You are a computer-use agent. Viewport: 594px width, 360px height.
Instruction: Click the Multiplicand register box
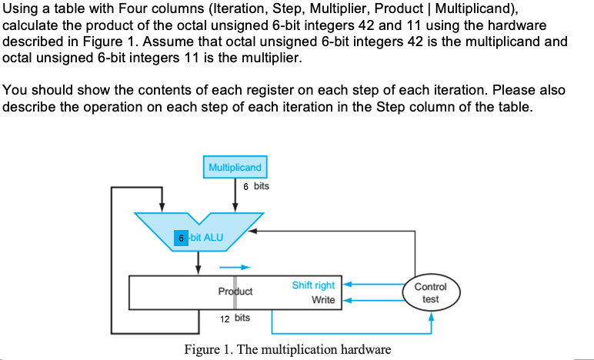235,167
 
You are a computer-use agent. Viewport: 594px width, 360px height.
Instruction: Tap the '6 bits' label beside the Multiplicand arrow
255,186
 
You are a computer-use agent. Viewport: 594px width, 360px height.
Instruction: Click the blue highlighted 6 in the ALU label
181,237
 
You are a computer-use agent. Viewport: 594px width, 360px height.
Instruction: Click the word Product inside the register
235,292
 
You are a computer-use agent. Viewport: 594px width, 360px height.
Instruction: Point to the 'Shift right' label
313,285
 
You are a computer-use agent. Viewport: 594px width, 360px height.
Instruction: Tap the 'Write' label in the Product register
323,300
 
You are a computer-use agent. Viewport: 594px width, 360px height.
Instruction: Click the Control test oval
430,292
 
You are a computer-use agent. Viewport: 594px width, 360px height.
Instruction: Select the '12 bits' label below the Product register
235,318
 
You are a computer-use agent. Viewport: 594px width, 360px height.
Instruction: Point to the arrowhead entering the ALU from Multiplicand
235,207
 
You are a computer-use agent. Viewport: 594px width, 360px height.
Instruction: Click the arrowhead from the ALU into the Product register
199,270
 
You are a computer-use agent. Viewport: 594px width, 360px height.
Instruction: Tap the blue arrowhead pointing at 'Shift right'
346,285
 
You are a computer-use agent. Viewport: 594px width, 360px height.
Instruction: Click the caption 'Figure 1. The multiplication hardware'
287,349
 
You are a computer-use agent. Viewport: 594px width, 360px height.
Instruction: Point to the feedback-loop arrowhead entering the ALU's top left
162,207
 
